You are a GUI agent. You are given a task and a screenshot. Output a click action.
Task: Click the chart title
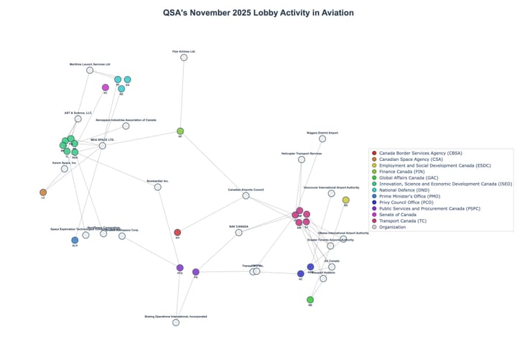(x=258, y=13)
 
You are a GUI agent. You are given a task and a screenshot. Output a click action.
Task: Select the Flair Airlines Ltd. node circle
(x=184, y=57)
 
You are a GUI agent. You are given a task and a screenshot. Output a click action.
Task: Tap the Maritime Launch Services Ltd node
(x=90, y=70)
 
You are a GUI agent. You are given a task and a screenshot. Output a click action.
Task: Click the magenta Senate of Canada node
(x=106, y=88)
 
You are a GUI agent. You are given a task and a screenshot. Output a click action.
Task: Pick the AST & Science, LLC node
(x=78, y=119)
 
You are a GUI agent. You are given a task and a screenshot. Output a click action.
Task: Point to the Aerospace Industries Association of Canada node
(x=126, y=126)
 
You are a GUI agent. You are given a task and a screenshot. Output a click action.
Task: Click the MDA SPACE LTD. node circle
(x=103, y=146)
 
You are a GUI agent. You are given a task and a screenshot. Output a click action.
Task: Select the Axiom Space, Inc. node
(x=65, y=169)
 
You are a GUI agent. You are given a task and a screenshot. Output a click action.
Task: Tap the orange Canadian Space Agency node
(x=43, y=192)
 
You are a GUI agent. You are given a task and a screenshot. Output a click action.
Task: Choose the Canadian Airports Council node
(x=246, y=195)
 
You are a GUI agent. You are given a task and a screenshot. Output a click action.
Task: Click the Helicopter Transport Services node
(x=302, y=159)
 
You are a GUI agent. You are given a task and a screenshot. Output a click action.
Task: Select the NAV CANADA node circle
(x=238, y=232)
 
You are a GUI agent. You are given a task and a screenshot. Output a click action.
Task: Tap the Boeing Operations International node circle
(x=176, y=322)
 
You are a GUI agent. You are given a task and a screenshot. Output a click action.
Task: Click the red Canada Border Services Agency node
(x=177, y=233)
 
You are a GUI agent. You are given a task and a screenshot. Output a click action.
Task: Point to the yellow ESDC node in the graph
(x=345, y=200)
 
